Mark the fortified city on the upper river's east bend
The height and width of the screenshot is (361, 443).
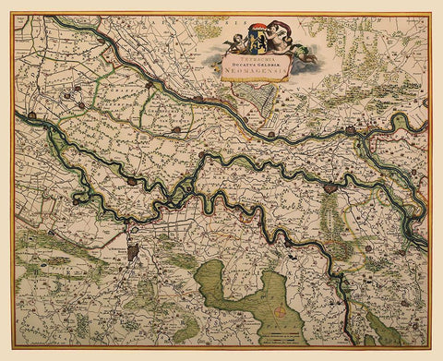point(350,131)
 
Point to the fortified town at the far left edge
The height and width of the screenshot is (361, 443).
point(31,116)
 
